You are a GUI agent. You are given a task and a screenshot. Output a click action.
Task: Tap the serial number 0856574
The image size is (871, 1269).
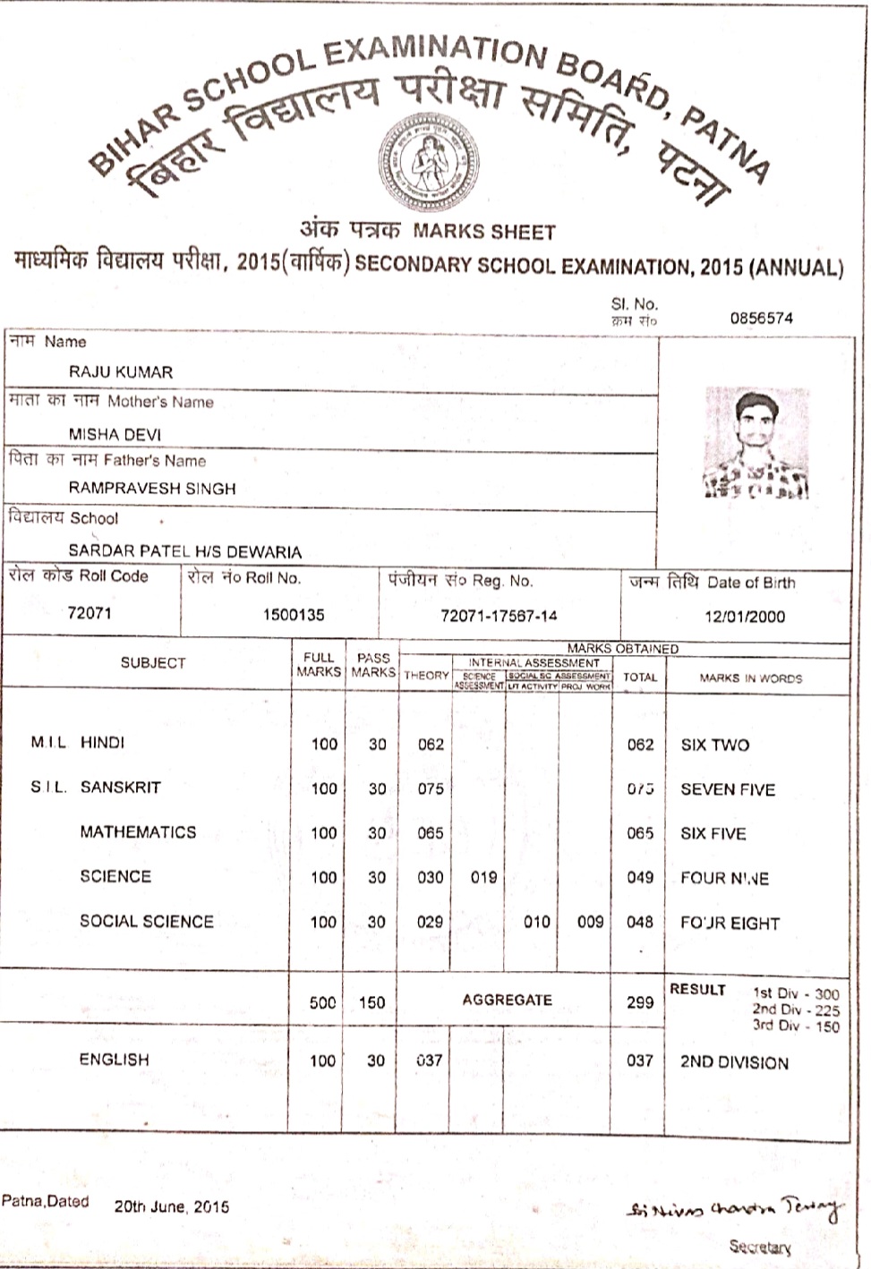click(761, 318)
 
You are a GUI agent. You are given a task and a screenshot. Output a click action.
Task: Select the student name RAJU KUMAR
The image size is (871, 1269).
click(121, 372)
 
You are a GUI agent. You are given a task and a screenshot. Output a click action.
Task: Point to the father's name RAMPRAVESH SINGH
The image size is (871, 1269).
click(152, 489)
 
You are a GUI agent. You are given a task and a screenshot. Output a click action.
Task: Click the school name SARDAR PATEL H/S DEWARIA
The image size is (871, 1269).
click(184, 551)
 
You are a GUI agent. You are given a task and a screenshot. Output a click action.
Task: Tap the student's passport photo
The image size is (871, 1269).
click(756, 443)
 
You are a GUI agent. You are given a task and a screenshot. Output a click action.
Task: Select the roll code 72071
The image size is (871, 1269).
click(90, 613)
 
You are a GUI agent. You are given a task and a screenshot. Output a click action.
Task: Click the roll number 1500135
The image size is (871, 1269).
click(294, 615)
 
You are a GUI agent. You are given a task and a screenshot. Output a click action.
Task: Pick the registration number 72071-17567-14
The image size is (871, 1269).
click(499, 616)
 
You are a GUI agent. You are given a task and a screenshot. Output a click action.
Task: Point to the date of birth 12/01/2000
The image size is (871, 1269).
click(744, 617)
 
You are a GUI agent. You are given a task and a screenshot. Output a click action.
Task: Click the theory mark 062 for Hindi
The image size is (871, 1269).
click(431, 744)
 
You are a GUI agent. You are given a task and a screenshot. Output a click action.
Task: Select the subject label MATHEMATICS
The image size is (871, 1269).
click(138, 832)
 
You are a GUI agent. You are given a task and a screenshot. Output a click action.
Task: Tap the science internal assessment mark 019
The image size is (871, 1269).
click(483, 877)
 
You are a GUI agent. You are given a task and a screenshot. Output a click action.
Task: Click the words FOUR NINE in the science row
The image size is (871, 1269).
click(724, 878)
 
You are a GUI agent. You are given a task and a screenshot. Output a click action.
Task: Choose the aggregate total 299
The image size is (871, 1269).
click(639, 1002)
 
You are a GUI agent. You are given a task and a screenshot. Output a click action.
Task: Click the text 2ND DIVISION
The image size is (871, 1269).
click(734, 1063)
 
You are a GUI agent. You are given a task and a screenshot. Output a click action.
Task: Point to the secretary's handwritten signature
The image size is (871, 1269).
click(733, 1209)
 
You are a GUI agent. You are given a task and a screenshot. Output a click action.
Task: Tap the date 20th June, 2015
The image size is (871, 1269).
click(171, 1206)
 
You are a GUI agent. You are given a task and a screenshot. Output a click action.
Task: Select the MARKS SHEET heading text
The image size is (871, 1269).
click(484, 233)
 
